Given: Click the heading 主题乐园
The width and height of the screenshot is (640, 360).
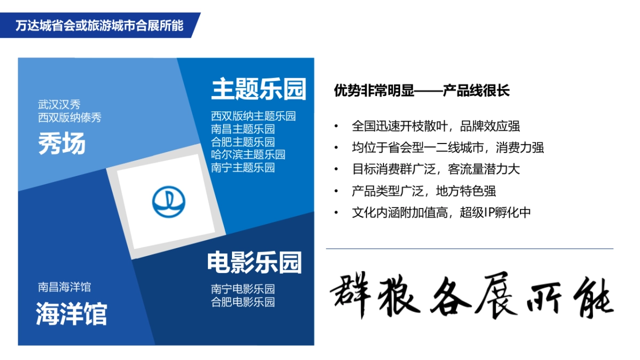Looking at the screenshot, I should (259, 89).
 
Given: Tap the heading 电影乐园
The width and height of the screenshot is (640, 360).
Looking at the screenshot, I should (254, 262).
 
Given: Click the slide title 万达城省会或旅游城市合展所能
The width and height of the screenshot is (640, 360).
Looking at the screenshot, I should (99, 26).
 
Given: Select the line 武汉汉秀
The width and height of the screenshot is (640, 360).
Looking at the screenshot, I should (59, 105).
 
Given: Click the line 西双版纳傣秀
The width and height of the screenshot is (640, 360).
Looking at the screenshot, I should (70, 118).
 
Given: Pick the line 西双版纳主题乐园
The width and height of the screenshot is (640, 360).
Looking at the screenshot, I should (253, 116).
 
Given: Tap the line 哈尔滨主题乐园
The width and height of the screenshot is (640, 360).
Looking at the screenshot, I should (248, 155).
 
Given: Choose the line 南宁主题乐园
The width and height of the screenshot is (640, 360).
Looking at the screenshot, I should (243, 167).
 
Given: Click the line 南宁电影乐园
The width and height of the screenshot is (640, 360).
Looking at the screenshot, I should (243, 289).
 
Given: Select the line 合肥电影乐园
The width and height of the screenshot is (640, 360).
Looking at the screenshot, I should (243, 302).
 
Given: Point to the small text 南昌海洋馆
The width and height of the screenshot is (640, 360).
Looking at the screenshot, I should (65, 287).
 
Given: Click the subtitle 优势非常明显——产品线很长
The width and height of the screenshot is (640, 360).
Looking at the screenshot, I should (422, 91).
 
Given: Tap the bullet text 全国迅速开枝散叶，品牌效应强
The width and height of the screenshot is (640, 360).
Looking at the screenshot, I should (436, 126).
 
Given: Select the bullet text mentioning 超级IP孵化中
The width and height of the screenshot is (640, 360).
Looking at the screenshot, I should (441, 212).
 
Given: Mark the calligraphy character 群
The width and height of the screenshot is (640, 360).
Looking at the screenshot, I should (351, 297).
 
